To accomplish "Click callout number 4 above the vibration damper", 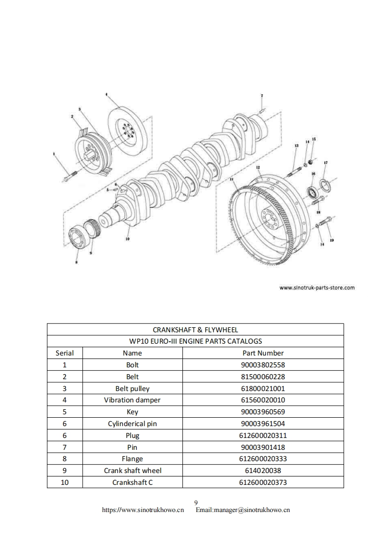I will (106, 93).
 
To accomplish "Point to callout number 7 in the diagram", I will (262, 95).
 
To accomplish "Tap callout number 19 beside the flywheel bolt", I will (332, 240).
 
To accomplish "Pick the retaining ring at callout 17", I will (325, 185).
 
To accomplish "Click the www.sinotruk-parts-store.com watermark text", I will (317, 287).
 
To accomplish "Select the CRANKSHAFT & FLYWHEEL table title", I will (195, 329).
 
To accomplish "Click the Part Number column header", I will (263, 353).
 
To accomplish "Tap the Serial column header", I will (65, 353).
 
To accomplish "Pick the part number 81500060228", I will (263, 377).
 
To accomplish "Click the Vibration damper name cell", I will (132, 400).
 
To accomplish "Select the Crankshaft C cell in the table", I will (132, 482).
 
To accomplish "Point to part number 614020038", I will (263, 471).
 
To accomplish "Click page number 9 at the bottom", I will (196, 502).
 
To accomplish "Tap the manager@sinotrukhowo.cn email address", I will (243, 510).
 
